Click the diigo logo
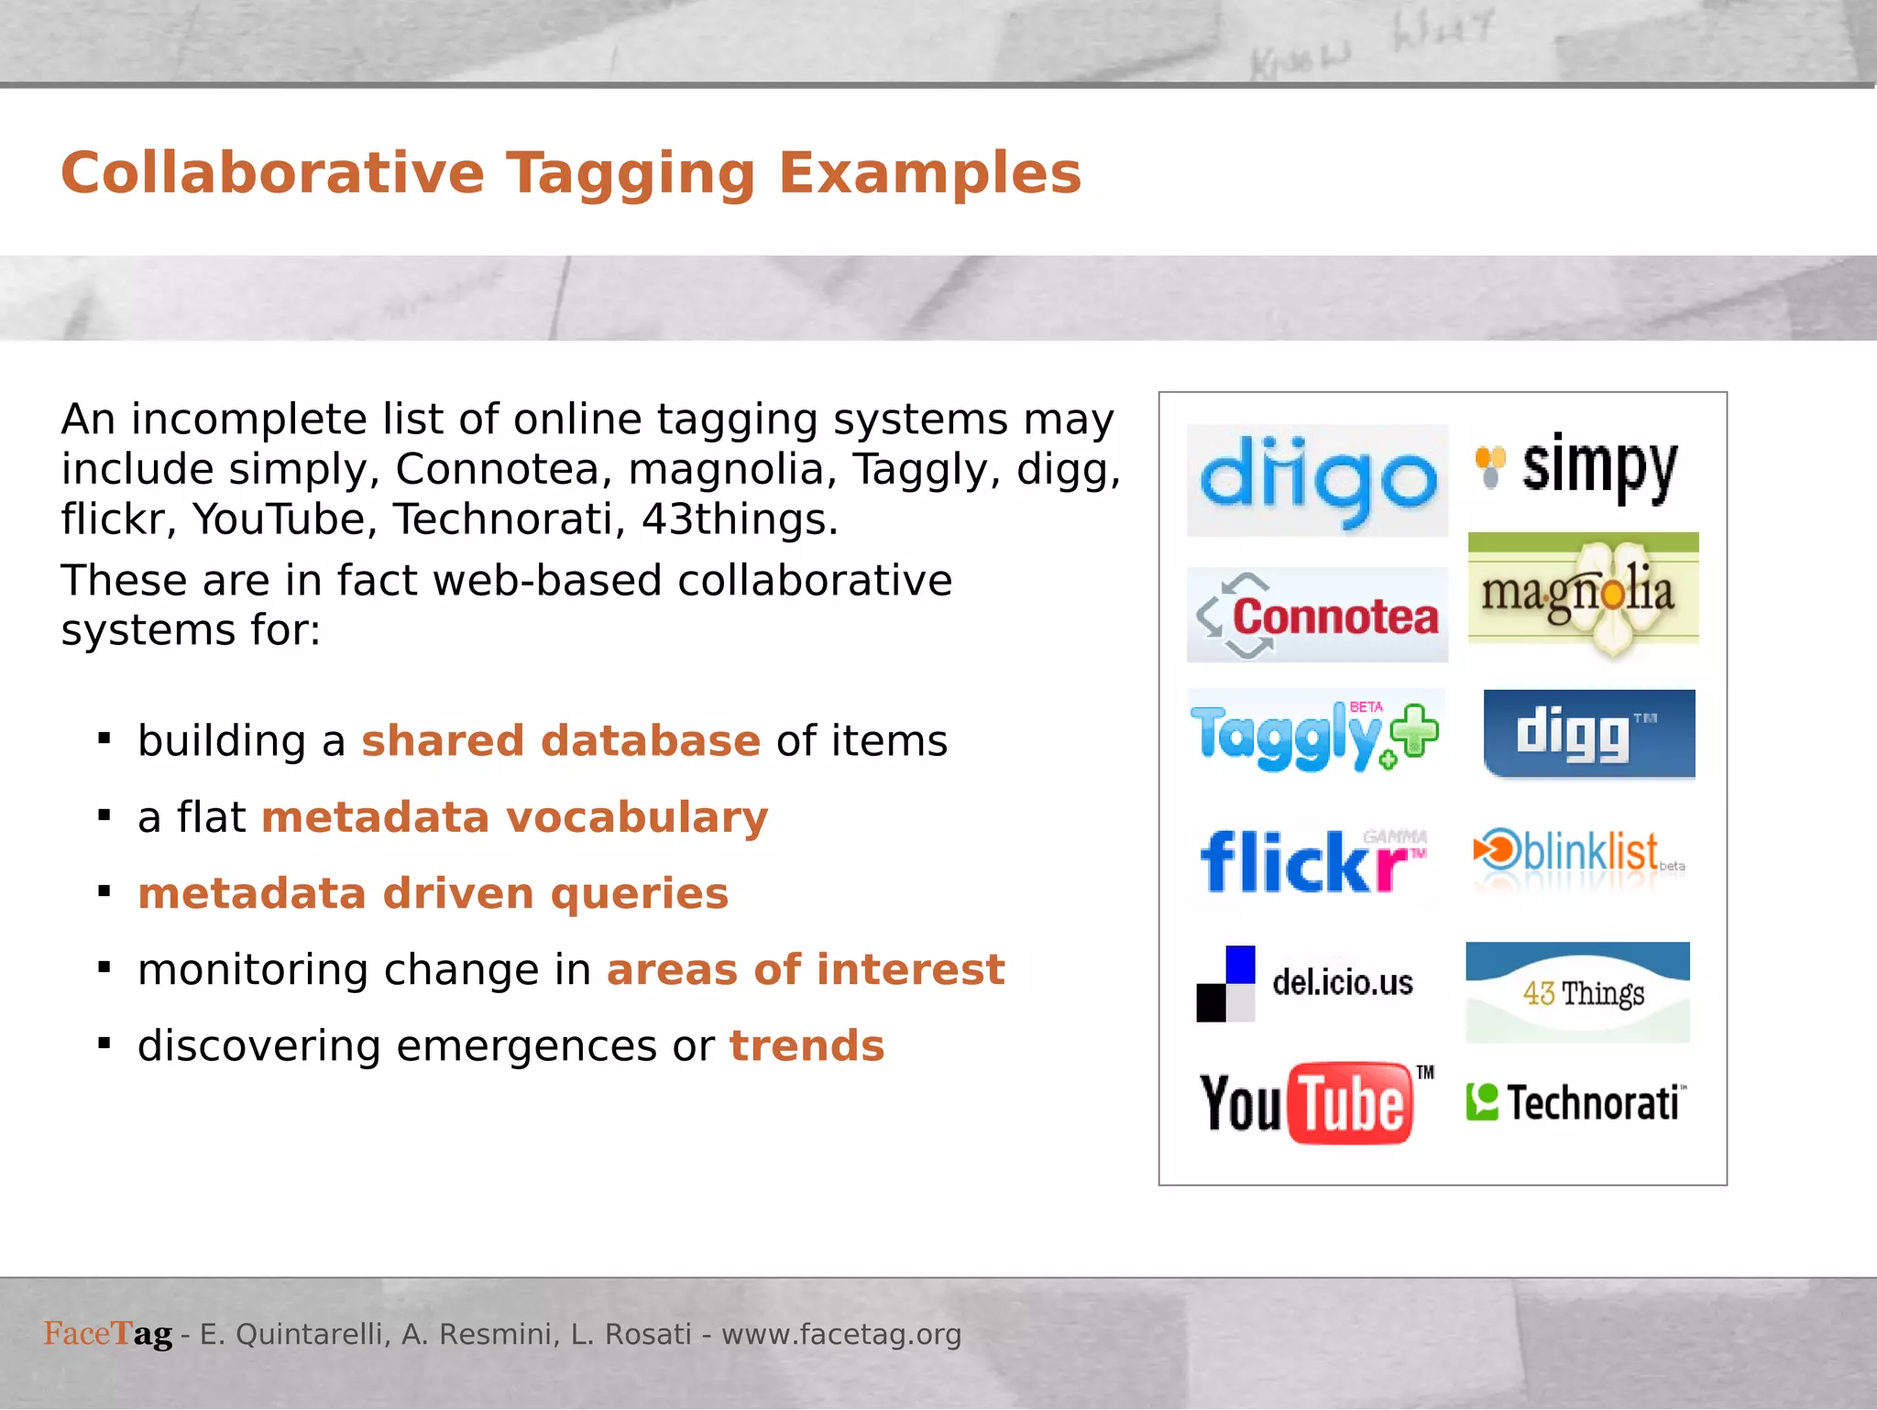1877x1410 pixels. pos(1317,480)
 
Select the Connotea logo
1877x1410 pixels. pos(1317,616)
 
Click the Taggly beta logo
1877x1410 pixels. pos(1314,736)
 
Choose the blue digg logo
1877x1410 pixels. pos(1588,734)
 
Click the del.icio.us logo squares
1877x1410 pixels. pos(1225,984)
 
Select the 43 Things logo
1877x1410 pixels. pos(1577,992)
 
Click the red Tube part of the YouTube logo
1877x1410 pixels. pos(1351,1103)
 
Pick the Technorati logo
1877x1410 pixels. pos(1575,1102)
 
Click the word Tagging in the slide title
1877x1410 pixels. pos(631,174)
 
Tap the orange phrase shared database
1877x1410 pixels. pos(560,740)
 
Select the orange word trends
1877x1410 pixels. pos(807,1045)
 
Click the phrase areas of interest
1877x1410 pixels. pos(805,969)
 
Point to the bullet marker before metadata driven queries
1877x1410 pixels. pos(104,891)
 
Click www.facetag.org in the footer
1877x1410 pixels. pos(841,1334)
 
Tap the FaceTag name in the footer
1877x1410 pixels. pos(108,1334)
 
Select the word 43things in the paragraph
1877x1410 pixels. pos(739,519)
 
